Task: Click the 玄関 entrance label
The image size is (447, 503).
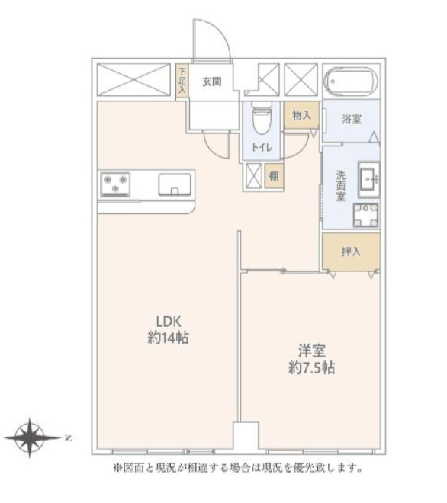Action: (212, 82)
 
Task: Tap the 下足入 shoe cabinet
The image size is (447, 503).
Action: (182, 81)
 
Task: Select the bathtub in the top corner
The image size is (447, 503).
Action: (351, 82)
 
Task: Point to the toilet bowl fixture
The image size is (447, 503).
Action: (262, 117)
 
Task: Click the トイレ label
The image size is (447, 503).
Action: (262, 147)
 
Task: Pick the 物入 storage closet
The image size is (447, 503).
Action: (301, 115)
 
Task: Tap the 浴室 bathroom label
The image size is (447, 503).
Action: (352, 120)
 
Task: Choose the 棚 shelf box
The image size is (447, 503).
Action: (274, 176)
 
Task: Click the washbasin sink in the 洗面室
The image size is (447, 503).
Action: (368, 179)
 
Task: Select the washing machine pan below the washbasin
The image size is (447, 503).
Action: (365, 215)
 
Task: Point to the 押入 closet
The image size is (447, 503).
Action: (351, 251)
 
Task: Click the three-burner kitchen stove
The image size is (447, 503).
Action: (115, 184)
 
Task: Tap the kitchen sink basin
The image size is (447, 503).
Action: (175, 184)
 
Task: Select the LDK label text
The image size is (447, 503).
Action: (169, 321)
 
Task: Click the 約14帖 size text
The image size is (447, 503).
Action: (168, 338)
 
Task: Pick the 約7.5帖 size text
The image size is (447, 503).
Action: (311, 367)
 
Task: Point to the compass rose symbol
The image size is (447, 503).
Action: (31, 437)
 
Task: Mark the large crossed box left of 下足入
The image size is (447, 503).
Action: (133, 80)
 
